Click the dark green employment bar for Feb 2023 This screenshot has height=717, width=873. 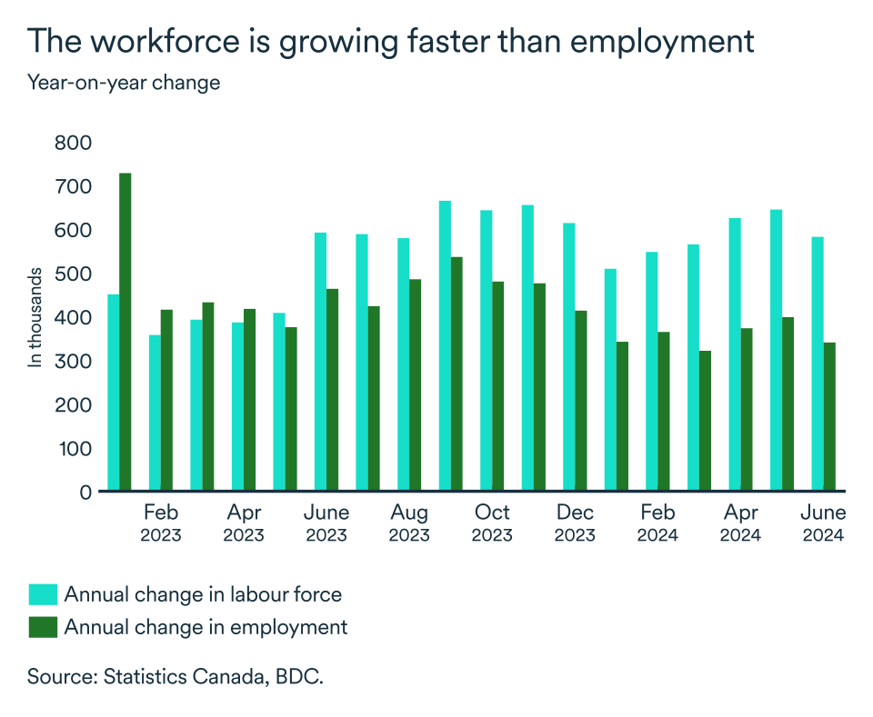pyautogui.click(x=166, y=400)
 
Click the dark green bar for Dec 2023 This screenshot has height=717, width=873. pyautogui.click(x=581, y=400)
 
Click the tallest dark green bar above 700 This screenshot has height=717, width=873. pyautogui.click(x=125, y=332)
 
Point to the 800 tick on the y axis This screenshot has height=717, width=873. pyautogui.click(x=74, y=143)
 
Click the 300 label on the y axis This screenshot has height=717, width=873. pyautogui.click(x=74, y=361)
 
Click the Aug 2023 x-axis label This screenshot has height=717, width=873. pyautogui.click(x=409, y=523)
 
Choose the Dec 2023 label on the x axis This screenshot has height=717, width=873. pyautogui.click(x=575, y=523)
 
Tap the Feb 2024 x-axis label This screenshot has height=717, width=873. pyautogui.click(x=657, y=523)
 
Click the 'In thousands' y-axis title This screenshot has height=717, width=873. pyautogui.click(x=35, y=317)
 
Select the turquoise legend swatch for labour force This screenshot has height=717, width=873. pyautogui.click(x=43, y=595)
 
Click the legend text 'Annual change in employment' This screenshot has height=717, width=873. pyautogui.click(x=206, y=626)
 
